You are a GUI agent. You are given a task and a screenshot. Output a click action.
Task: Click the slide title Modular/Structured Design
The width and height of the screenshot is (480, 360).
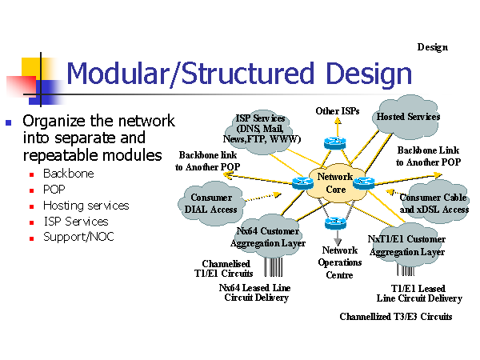[239, 74]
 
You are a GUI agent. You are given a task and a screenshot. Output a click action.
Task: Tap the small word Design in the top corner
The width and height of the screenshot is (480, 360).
[432, 47]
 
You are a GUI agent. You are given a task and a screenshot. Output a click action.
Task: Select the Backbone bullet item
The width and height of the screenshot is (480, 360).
[68, 174]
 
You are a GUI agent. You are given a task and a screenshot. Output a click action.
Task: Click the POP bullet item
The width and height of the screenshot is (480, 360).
[54, 190]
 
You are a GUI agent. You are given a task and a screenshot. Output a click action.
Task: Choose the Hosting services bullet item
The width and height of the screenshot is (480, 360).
[86, 206]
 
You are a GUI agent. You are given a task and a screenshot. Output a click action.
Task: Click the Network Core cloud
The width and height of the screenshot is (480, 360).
[335, 183]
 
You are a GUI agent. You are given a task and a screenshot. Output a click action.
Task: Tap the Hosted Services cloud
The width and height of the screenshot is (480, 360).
[408, 117]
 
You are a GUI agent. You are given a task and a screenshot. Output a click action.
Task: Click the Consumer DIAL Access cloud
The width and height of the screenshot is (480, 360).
[212, 203]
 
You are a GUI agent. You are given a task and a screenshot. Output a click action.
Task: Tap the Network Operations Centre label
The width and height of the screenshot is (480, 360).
[340, 262]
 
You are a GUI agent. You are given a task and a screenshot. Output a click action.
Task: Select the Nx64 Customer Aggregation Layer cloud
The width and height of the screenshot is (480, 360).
[267, 238]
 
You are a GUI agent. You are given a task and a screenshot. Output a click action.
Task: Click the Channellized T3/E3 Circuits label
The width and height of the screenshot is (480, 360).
[396, 317]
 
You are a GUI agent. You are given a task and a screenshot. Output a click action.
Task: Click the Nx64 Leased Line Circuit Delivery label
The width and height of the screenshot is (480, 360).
[255, 293]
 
